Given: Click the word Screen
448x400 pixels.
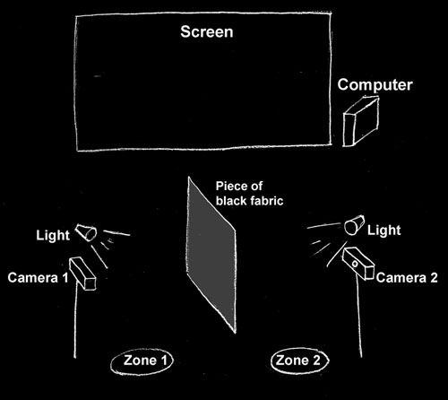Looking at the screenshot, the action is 207,31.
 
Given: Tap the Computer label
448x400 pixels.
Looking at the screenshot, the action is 375,85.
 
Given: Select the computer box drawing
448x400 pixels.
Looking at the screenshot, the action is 361,121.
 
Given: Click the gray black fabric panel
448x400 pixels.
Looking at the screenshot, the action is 211,255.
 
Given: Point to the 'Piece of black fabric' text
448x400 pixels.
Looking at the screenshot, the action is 249,194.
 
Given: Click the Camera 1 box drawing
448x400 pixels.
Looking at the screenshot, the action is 82,274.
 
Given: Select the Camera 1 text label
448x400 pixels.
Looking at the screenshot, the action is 39,278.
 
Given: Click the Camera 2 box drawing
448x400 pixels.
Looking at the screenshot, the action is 358,264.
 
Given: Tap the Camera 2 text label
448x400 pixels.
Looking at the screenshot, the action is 407,278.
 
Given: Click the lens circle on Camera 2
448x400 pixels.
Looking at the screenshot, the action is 355,264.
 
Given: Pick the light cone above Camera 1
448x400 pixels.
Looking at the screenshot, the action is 86,232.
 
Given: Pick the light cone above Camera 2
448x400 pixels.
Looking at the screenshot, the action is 354,225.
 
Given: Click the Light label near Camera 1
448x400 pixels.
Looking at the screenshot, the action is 53,236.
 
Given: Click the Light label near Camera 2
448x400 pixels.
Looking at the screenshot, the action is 384,230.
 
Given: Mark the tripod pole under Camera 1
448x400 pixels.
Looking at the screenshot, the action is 75,320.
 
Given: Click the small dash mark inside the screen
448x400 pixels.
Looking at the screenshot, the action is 97,76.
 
